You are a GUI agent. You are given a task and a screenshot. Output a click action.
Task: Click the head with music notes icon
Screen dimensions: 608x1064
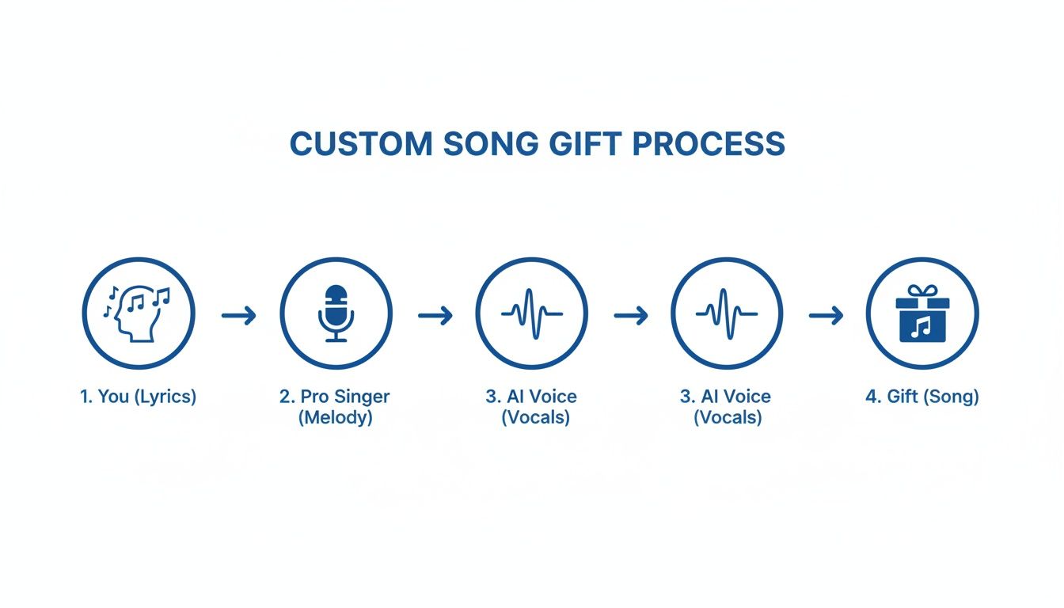[x=138, y=314]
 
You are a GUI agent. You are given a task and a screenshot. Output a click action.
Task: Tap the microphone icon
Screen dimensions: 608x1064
[x=336, y=314]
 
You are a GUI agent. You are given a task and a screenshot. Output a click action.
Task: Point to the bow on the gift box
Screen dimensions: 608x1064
[x=922, y=291]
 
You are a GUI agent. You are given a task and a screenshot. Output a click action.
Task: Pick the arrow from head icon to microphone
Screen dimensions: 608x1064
[x=238, y=316]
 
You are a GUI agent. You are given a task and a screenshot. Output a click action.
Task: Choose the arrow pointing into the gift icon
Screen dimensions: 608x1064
[x=826, y=316]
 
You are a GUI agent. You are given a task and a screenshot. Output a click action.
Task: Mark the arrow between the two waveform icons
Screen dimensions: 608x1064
[x=630, y=316]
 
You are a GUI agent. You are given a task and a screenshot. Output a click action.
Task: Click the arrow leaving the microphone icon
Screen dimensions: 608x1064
[x=435, y=316]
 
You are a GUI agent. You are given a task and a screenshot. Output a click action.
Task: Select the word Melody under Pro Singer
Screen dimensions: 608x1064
[x=336, y=417]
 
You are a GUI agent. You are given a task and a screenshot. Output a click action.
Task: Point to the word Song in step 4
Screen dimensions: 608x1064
[x=955, y=397]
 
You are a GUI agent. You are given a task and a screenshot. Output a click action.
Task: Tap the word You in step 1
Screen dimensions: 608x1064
[x=114, y=397]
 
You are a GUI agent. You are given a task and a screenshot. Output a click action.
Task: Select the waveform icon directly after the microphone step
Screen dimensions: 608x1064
[x=532, y=314]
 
